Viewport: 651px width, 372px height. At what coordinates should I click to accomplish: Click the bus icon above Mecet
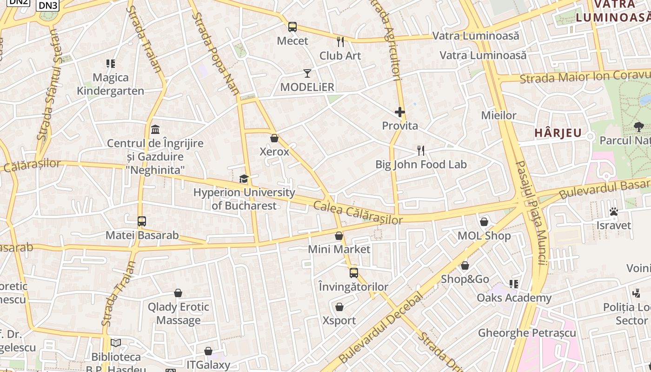292,27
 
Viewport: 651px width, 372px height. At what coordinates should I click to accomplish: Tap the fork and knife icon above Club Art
340,42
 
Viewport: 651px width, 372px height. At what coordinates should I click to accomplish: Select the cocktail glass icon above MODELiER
307,73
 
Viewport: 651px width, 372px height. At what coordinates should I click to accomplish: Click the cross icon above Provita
399,112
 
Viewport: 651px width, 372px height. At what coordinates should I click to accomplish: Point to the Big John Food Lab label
421,164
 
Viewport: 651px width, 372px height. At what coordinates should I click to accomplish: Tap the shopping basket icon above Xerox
274,138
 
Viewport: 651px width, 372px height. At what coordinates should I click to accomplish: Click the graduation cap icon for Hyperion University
244,179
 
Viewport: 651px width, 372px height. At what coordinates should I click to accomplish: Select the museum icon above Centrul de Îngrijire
155,129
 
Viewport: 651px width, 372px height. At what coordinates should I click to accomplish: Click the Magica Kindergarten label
111,84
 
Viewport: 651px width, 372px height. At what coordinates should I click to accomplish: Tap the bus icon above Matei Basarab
142,221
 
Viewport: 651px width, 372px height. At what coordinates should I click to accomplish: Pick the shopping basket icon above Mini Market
339,236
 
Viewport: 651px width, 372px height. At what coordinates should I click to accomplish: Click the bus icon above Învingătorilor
354,273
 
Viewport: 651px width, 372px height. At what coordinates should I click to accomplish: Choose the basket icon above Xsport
339,307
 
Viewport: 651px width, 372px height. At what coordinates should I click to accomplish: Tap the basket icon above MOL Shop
484,222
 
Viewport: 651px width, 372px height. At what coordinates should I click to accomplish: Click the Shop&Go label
465,279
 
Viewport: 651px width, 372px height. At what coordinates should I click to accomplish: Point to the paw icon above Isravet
614,212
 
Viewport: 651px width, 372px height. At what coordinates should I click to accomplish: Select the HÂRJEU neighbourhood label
558,133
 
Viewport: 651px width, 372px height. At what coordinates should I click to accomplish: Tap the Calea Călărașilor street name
358,213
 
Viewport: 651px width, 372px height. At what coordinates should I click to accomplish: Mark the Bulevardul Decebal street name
381,327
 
